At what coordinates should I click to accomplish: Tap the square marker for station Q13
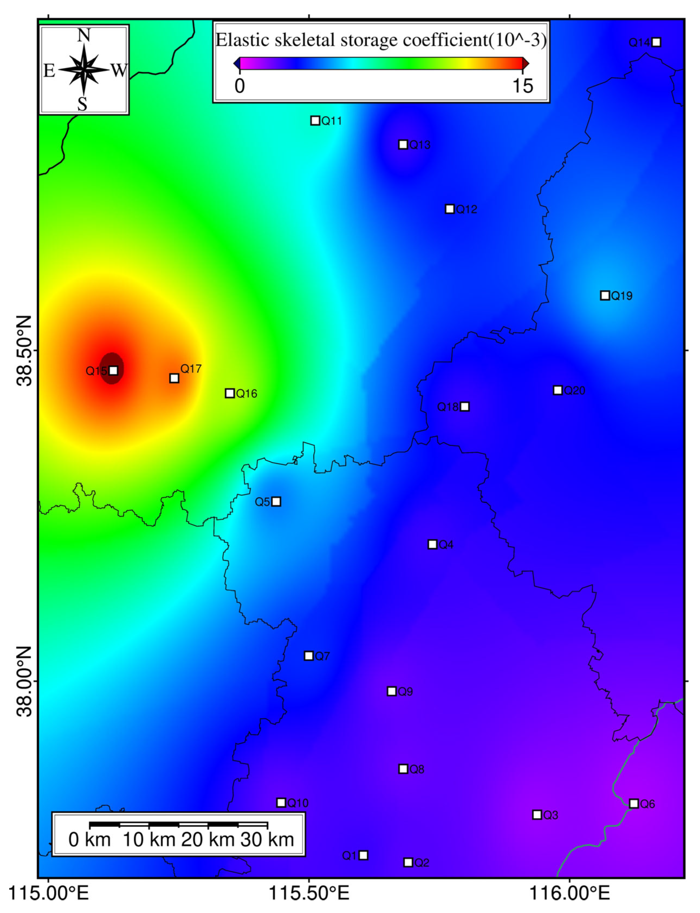tap(403, 145)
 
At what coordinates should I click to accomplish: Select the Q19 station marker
tap(605, 295)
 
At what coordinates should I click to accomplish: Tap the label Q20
tap(575, 391)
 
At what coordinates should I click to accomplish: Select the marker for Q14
tap(656, 42)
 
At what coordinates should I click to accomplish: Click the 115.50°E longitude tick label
tap(309, 893)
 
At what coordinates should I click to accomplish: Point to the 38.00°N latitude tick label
tap(24, 681)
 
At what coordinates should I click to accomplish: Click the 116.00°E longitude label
tap(569, 893)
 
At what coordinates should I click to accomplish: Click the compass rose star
tap(84, 69)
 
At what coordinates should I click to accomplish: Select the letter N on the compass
tap(84, 36)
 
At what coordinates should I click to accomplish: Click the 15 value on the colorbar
tap(523, 86)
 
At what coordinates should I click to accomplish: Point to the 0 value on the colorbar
tap(239, 86)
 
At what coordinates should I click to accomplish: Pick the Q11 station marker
tap(315, 120)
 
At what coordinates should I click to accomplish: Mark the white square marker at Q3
tap(537, 815)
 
